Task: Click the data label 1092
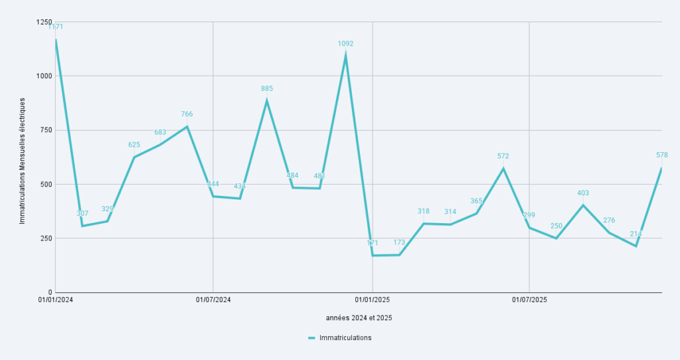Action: [345, 44]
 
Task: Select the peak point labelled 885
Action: [267, 101]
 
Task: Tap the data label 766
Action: [187, 114]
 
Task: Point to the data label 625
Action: [134, 145]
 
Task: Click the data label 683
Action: [160, 132]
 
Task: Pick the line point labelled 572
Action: [503, 169]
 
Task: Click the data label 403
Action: [583, 193]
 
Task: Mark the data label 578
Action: [662, 155]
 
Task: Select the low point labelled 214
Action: [636, 246]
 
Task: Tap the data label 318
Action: [424, 211]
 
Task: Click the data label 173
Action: [399, 242]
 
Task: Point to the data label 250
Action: [556, 226]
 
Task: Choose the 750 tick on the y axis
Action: [44, 130]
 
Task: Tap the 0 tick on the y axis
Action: [48, 292]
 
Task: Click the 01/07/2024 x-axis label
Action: [213, 300]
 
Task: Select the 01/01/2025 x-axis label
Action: [373, 300]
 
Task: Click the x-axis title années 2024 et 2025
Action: [359, 318]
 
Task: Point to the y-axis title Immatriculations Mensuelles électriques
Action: [22, 160]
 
